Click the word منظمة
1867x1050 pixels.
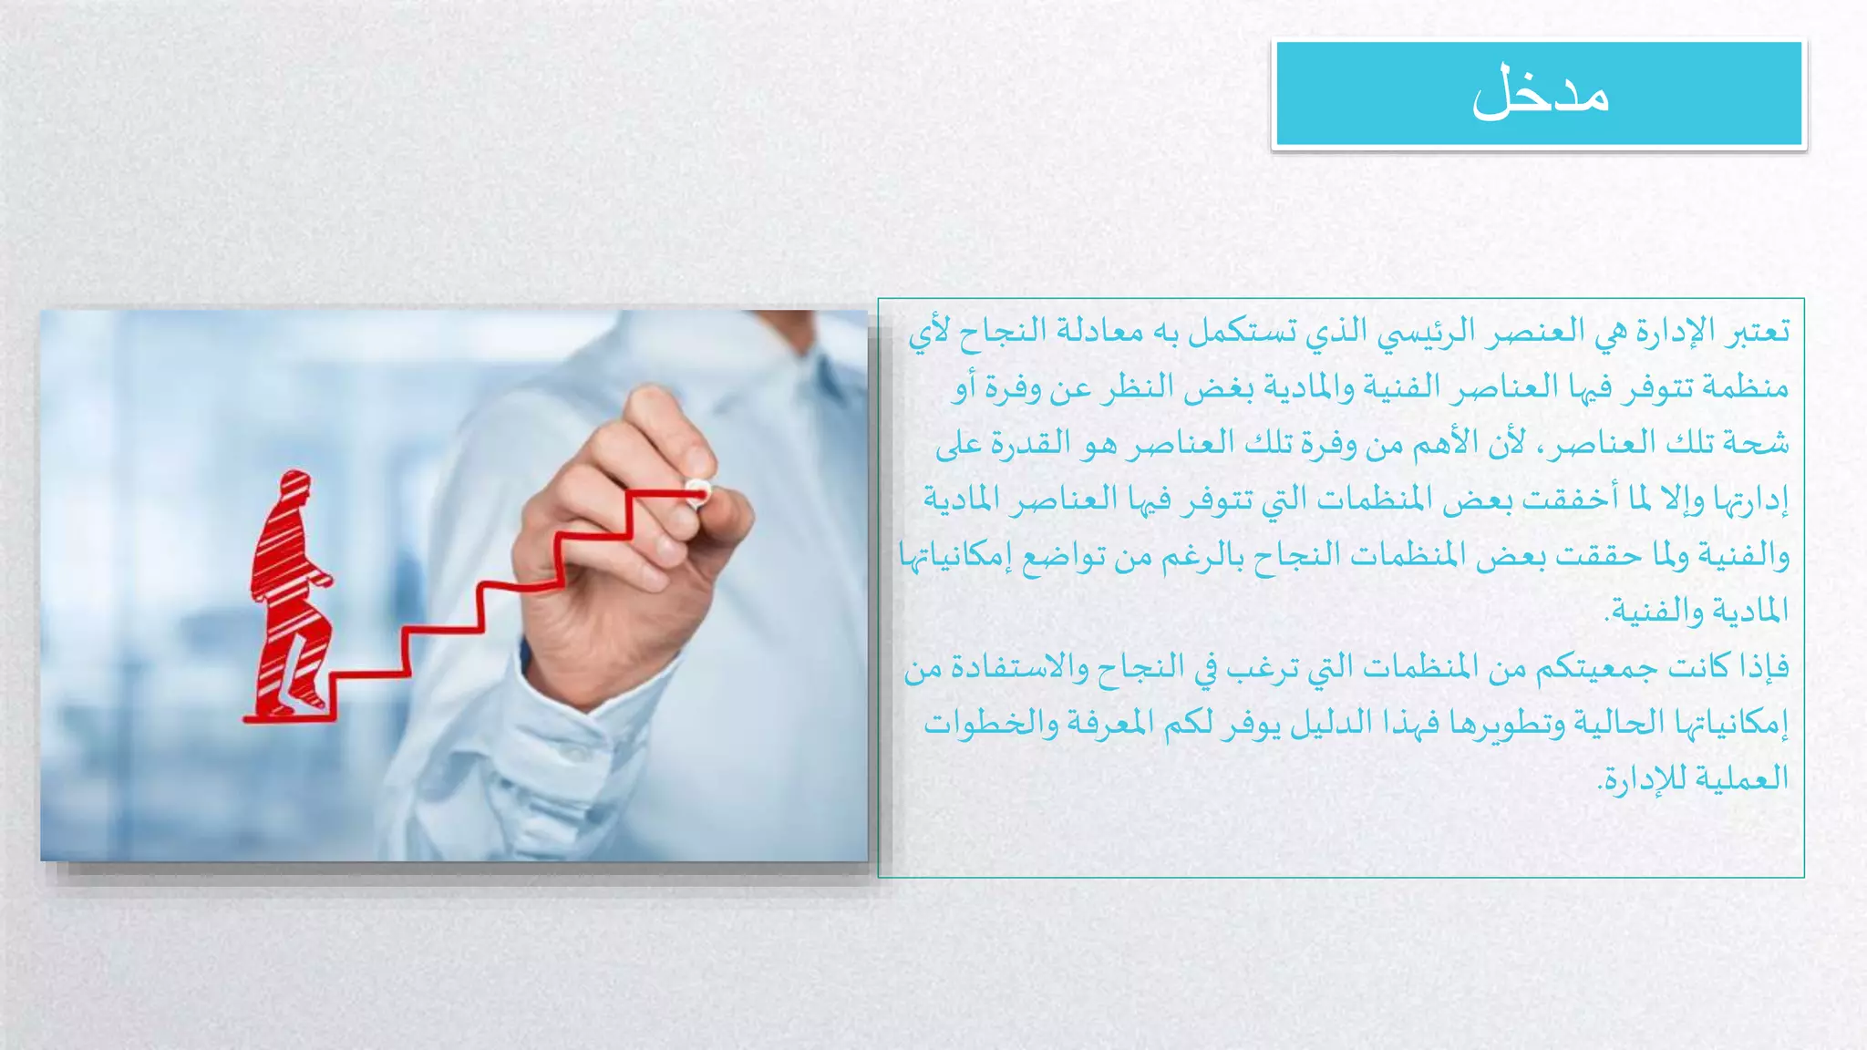pos(1748,388)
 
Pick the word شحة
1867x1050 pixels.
pos(1767,444)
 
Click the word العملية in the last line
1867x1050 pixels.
pos(1742,779)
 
